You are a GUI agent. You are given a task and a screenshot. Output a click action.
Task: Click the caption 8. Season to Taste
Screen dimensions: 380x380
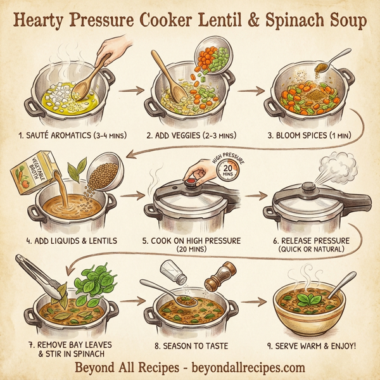tap(191, 346)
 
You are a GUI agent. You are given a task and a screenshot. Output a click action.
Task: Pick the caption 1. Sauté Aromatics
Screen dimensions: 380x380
tap(64, 135)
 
